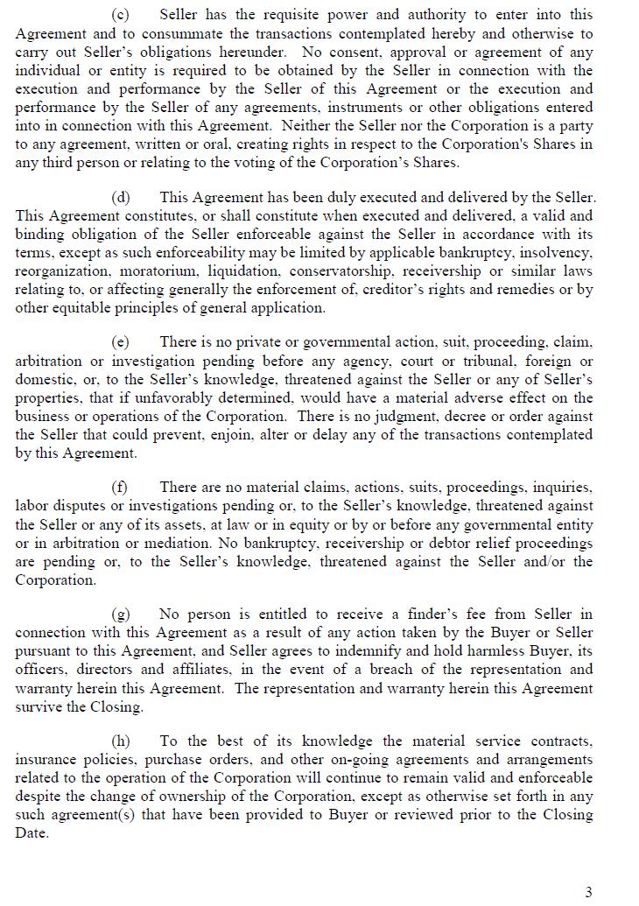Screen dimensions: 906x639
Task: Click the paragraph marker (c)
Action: pyautogui.click(x=120, y=15)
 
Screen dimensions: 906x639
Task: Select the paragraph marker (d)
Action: pyautogui.click(x=120, y=198)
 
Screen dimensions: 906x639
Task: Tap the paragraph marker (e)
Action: pyautogui.click(x=120, y=342)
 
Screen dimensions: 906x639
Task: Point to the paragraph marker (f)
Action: pyautogui.click(x=120, y=488)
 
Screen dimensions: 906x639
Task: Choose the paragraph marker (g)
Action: pyautogui.click(x=120, y=615)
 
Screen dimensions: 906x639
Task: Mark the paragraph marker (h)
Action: pyautogui.click(x=120, y=741)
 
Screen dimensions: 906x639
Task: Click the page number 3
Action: pyautogui.click(x=588, y=892)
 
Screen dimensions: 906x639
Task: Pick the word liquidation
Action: pyautogui.click(x=245, y=271)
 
